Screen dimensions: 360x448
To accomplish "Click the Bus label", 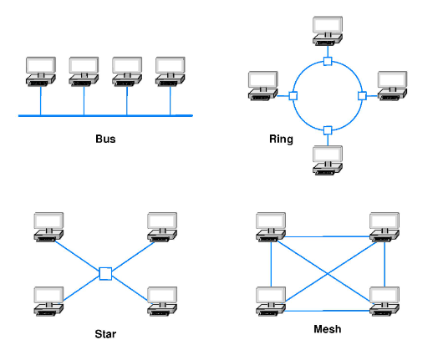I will click(105, 139).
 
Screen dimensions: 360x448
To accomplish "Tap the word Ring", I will click(281, 139).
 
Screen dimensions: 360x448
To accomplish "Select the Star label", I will click(105, 335).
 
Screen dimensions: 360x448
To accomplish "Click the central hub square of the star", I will click(105, 273).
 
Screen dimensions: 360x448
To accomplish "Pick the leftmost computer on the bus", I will click(40, 71).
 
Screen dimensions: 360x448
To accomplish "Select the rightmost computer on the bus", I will click(171, 71).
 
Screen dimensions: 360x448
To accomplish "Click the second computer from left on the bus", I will click(84, 71).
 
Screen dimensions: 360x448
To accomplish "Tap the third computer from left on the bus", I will click(127, 71).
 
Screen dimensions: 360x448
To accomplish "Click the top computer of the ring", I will click(327, 28).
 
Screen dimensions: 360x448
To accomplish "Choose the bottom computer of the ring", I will click(327, 160).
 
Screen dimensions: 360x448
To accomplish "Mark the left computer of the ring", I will click(264, 86).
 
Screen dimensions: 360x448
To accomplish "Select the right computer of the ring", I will click(391, 86).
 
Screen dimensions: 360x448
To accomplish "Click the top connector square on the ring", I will click(328, 61).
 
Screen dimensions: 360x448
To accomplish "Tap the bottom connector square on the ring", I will click(328, 129).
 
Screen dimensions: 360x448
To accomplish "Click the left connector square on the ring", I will click(293, 96).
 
